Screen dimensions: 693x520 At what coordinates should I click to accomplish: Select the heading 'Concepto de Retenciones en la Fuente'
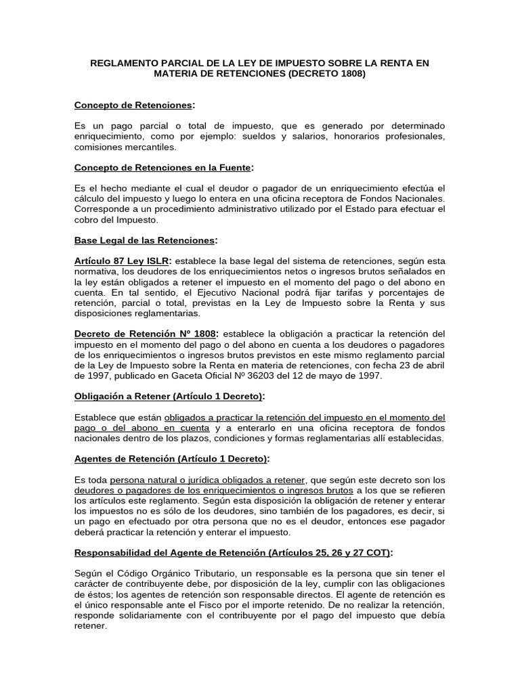pos(162,168)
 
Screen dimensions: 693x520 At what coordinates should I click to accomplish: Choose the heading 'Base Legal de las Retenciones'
pos(144,240)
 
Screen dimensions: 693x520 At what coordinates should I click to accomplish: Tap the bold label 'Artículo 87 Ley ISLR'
pos(122,261)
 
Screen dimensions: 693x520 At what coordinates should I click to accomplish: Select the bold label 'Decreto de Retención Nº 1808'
pos(146,334)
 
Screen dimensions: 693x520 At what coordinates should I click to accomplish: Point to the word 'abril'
pos(433,365)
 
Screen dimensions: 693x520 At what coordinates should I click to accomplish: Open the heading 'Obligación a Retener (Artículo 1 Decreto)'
pos(169,396)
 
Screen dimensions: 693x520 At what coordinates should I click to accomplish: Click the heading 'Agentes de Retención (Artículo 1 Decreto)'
pos(171,458)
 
